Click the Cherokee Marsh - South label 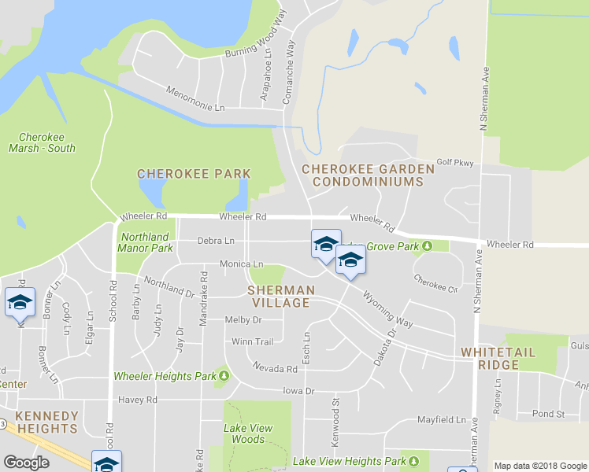click(43, 142)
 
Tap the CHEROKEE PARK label click(194, 174)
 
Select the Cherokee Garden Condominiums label click(368, 175)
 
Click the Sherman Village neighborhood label click(281, 297)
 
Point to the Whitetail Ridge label click(502, 358)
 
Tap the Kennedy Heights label click(46, 422)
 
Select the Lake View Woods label click(250, 433)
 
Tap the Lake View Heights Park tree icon click(414, 461)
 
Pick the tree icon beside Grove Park click(427, 246)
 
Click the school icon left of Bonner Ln click(20, 302)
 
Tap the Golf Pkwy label click(455, 163)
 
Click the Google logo click(27, 463)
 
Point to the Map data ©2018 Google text click(540, 466)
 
